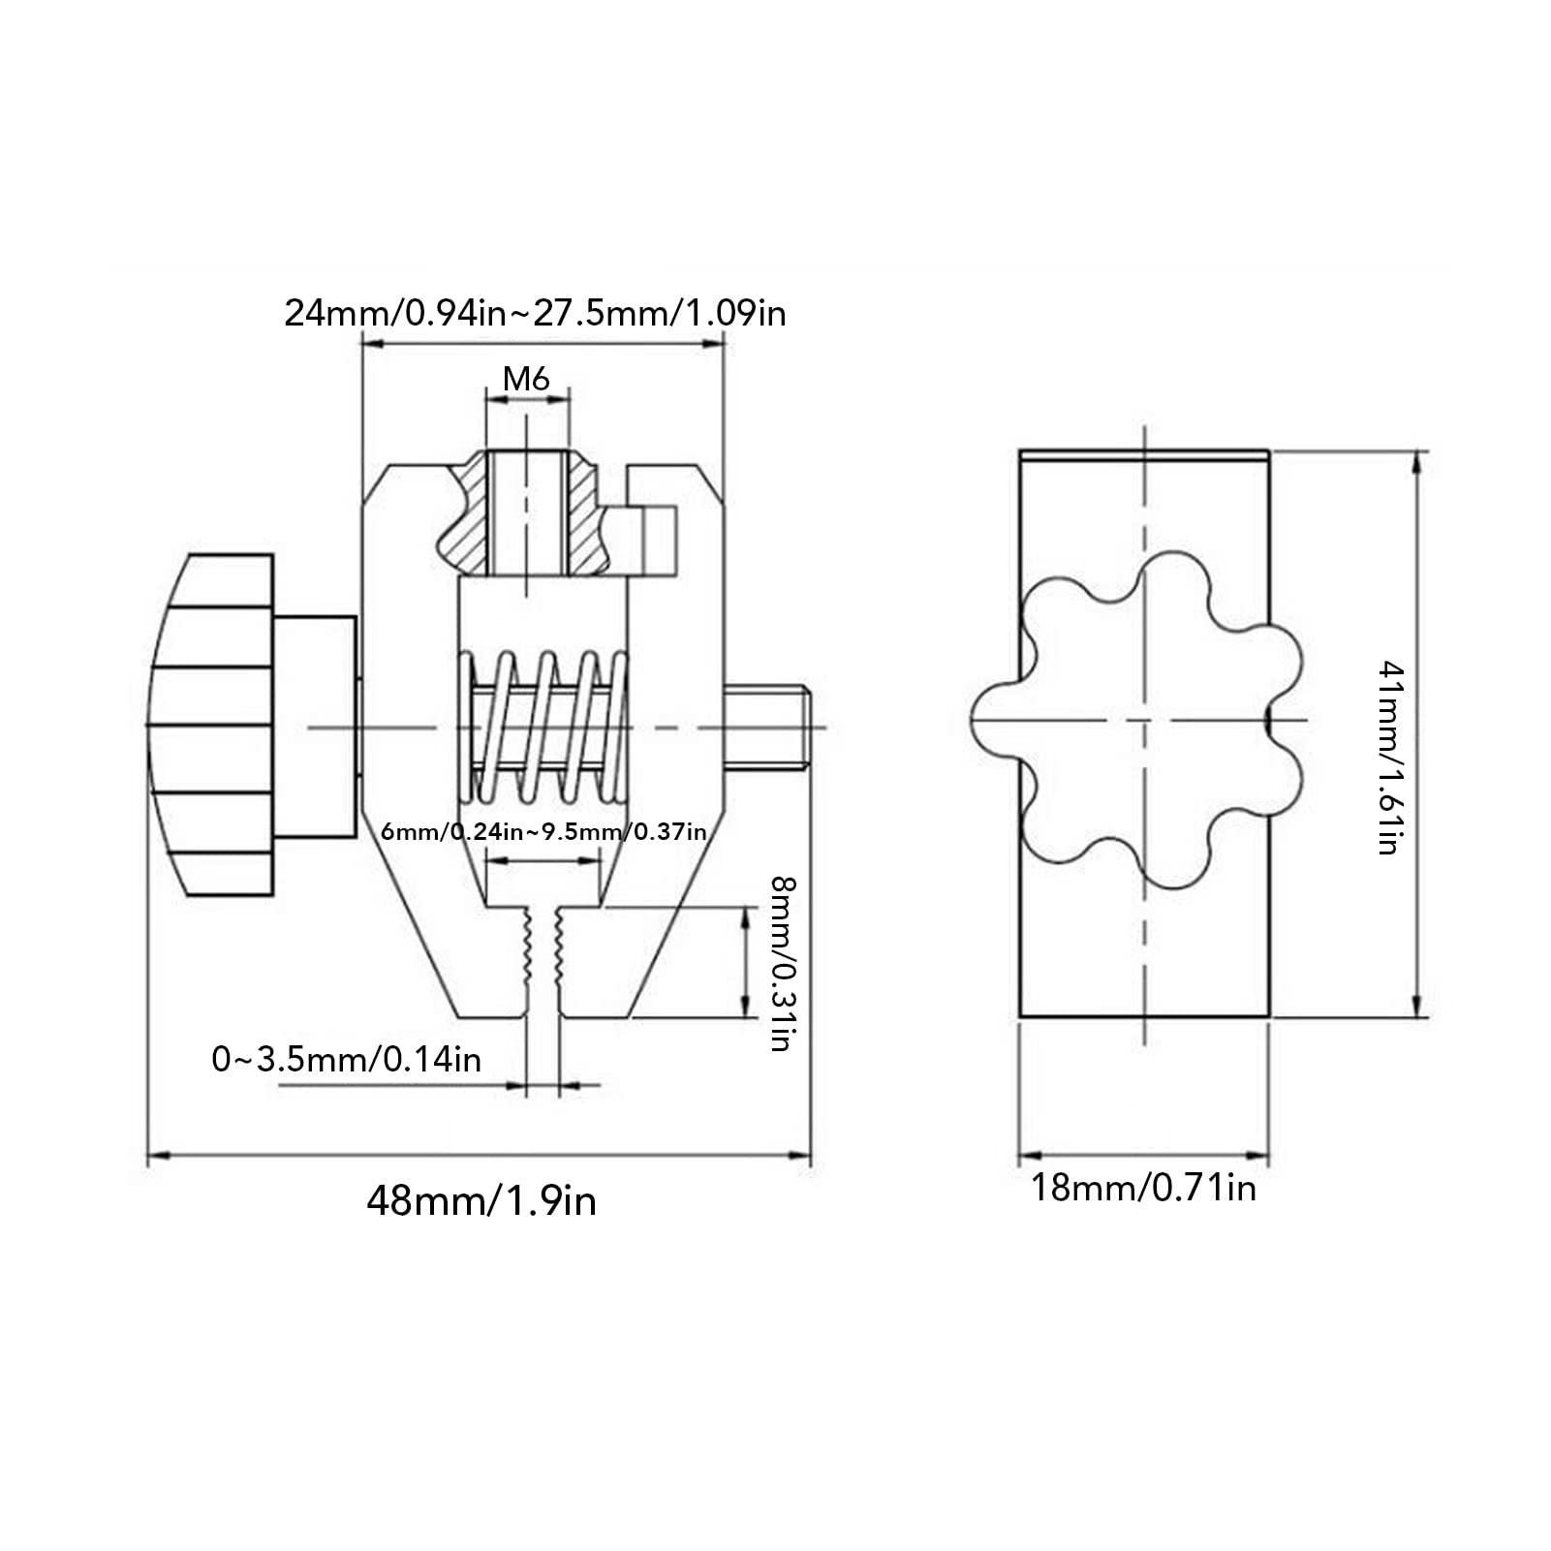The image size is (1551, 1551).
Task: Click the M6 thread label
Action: point(526,378)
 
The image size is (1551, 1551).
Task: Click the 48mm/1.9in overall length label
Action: point(481,1201)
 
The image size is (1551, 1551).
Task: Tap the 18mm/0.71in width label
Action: point(1143,1187)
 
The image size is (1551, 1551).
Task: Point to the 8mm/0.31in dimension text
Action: point(783,963)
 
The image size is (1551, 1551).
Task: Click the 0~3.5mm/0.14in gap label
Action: point(347,1059)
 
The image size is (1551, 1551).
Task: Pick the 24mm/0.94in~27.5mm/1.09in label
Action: point(535,313)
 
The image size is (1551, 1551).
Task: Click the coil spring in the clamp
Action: point(543,727)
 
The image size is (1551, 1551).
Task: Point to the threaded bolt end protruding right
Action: point(767,727)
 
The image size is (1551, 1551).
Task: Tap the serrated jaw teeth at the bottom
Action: point(543,954)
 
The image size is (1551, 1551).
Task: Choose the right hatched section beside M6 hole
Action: point(585,518)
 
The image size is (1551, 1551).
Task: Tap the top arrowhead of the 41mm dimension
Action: point(1418,461)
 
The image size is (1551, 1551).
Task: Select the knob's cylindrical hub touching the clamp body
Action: point(315,727)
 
